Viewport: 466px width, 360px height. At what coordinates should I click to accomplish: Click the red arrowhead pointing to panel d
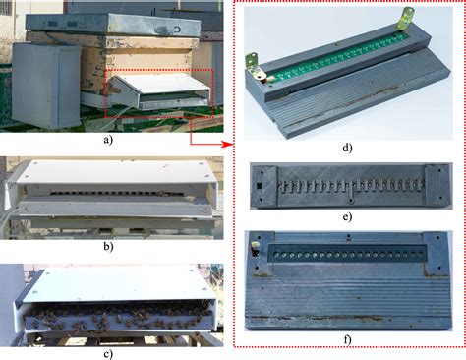(x=230, y=144)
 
